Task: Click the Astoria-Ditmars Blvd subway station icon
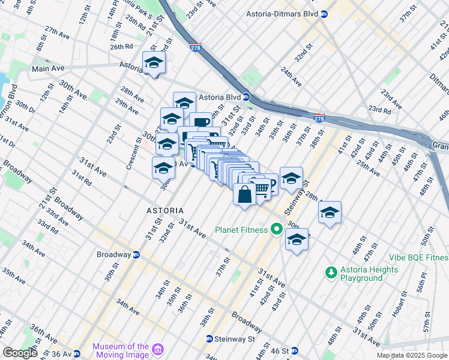pyautogui.click(x=324, y=14)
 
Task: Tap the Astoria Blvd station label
pyautogui.click(x=220, y=97)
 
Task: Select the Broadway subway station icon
pyautogui.click(x=136, y=254)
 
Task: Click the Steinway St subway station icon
pyautogui.click(x=209, y=338)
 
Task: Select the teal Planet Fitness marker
pyautogui.click(x=276, y=229)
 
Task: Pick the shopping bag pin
pyautogui.click(x=244, y=195)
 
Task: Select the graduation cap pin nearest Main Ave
pyautogui.click(x=154, y=63)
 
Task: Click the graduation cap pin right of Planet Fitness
pyautogui.click(x=297, y=239)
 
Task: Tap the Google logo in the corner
pyautogui.click(x=20, y=353)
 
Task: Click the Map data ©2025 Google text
pyautogui.click(x=411, y=355)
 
